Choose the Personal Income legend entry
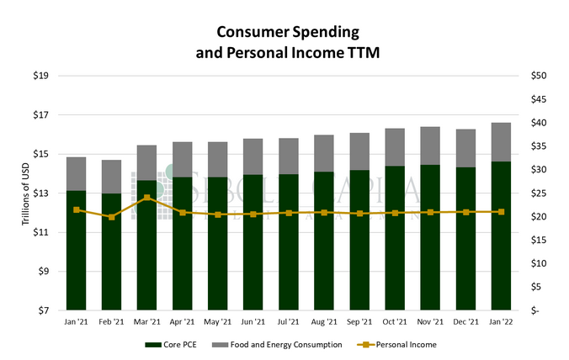401,345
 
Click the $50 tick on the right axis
540,76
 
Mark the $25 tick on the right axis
540,193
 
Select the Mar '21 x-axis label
147,321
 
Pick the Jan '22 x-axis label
501,321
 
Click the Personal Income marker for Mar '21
147,199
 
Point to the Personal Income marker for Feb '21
112,217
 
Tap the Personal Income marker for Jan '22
501,212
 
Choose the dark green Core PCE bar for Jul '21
289,244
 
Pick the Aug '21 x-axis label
324,321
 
